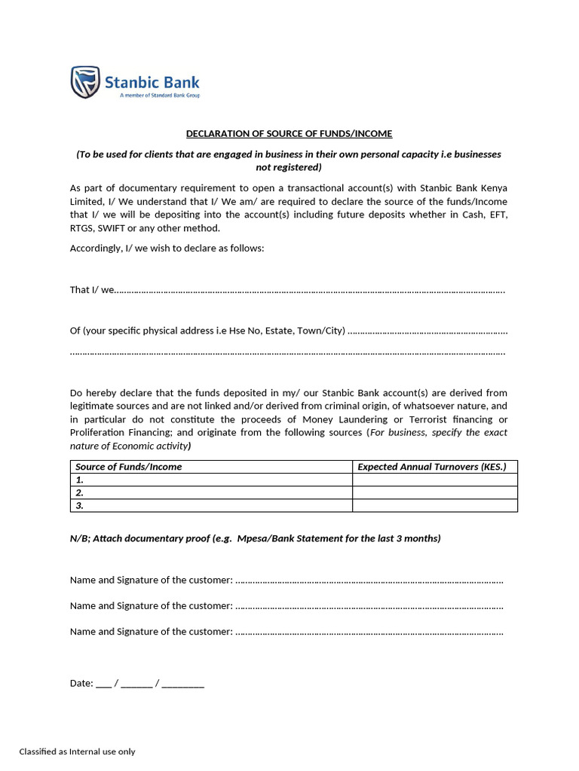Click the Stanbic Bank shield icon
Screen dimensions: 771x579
(x=84, y=82)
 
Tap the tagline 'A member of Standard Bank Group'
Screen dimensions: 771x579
(x=160, y=96)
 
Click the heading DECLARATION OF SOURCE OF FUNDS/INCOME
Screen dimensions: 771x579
(x=289, y=134)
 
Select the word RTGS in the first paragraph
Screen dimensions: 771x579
(x=82, y=228)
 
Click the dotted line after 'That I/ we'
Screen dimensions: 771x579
(x=310, y=291)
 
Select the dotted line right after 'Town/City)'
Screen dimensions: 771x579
(x=427, y=331)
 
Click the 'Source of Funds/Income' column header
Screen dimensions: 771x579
(x=129, y=467)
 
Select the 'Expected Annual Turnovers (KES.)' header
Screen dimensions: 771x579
(x=432, y=467)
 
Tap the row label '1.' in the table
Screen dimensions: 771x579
(x=80, y=480)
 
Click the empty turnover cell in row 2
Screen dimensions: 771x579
(x=435, y=492)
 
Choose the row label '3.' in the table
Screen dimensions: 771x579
(x=80, y=505)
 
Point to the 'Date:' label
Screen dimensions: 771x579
(x=81, y=684)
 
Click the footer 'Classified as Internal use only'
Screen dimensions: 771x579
(x=77, y=751)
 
